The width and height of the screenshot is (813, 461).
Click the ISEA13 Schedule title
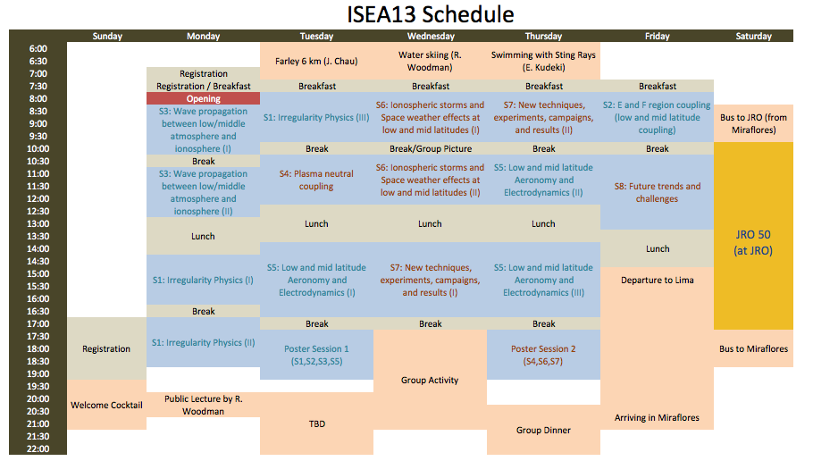coord(431,14)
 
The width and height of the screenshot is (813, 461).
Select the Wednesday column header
coord(431,36)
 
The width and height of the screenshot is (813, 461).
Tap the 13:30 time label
coord(38,236)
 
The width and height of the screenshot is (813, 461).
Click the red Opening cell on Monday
coord(204,98)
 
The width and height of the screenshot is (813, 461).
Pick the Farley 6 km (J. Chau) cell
coord(316,61)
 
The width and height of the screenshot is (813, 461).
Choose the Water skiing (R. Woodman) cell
coord(430,61)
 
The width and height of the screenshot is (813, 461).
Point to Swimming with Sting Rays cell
coord(543,61)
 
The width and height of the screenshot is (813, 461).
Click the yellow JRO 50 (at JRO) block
coord(753,236)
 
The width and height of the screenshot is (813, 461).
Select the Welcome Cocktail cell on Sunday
coord(107,405)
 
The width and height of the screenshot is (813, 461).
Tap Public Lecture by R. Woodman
coord(204,405)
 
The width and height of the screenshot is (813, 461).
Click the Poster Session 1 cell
coord(316,355)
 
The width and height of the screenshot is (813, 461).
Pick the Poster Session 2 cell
coord(543,355)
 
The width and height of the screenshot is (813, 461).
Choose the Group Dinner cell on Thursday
coord(543,430)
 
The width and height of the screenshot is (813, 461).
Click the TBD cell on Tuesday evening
coord(316,423)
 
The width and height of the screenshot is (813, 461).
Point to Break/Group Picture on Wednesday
coord(431,148)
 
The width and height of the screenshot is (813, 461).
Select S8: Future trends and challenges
coord(657,192)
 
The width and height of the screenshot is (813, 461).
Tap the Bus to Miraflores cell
coord(753,348)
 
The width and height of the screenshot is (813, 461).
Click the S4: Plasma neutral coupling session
coord(316,180)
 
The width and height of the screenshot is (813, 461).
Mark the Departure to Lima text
coord(657,280)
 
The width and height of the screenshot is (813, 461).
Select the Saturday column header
coord(753,36)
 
